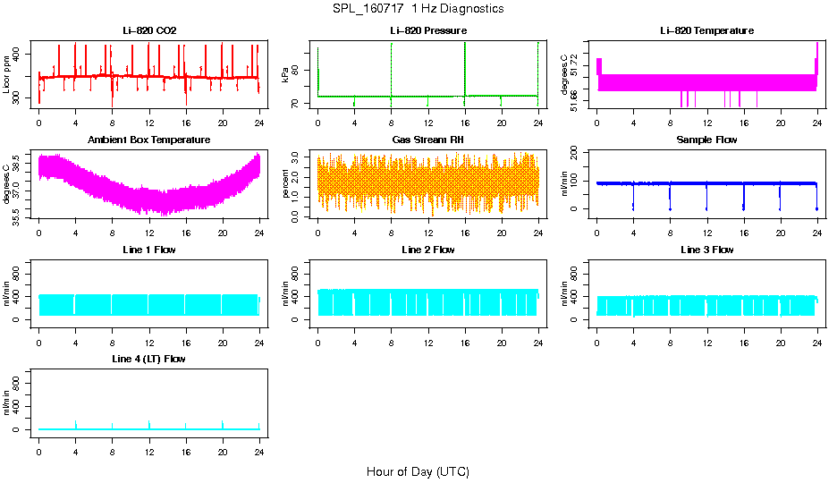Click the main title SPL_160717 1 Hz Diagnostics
coord(418,8)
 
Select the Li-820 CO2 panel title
coord(149,30)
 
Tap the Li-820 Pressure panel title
coord(427,30)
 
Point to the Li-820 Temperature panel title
coord(706,30)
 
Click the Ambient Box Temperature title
coord(149,140)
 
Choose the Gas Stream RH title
coord(427,140)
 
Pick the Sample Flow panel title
coord(706,140)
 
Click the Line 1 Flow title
coord(149,250)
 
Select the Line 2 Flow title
coord(427,250)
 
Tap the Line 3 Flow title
coord(706,250)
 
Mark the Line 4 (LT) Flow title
coord(149,359)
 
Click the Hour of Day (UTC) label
coord(418,471)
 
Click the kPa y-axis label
coord(286,74)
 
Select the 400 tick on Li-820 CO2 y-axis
coord(20,55)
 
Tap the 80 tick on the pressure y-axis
coord(299,70)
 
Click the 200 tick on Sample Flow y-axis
coord(578,152)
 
